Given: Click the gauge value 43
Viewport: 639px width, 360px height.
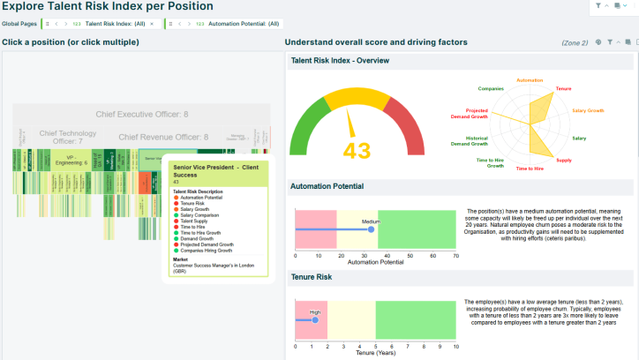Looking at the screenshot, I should coord(357,151).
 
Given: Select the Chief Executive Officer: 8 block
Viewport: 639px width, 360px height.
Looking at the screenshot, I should coord(141,115).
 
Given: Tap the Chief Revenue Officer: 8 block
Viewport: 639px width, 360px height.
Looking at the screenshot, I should coord(163,137).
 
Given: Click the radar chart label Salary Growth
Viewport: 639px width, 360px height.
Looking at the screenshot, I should coord(588,111).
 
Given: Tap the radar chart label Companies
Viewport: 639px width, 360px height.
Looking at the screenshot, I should coord(491,88).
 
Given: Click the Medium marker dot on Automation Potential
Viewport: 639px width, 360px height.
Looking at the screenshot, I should coord(371,229).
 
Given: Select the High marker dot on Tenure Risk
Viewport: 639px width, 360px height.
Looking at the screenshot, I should coord(314,319).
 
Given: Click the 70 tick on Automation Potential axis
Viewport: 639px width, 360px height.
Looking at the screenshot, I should coord(455,256).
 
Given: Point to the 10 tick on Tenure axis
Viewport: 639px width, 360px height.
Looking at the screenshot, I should coord(455,347).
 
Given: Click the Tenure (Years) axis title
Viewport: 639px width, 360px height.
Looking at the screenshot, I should coord(375,354).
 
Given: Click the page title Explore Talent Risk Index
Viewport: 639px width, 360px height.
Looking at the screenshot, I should coord(107,7).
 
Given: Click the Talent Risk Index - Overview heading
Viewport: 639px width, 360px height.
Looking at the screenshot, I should coord(341,61).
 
